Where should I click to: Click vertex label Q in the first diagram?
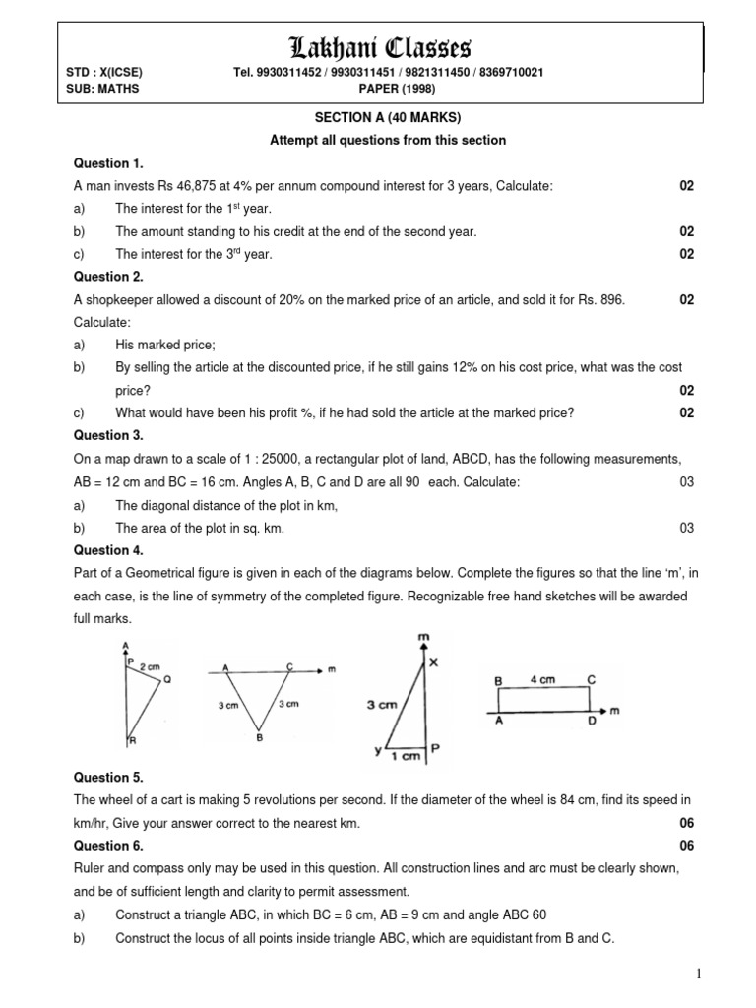point(166,679)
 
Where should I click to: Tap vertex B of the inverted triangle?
point(259,737)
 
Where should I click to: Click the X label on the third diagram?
point(432,663)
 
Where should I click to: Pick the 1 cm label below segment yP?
point(407,756)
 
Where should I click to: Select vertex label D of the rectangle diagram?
point(591,722)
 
